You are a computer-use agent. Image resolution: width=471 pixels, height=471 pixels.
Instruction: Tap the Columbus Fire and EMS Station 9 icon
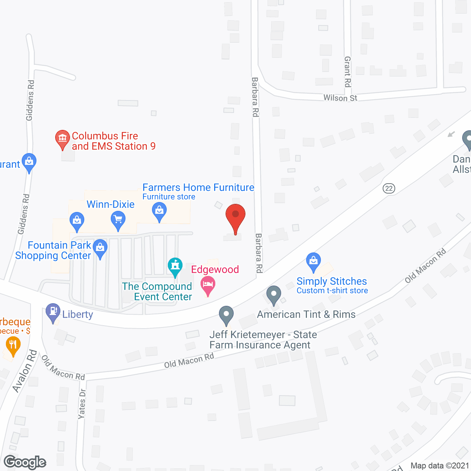coord(63,139)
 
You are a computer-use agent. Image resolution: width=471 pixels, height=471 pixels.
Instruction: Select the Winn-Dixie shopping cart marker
coord(118,220)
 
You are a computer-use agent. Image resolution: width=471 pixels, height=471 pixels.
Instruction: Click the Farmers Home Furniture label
coord(198,188)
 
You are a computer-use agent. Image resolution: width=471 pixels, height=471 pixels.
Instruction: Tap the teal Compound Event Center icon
coord(175,266)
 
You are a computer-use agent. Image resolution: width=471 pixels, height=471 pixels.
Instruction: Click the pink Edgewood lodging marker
coord(208,286)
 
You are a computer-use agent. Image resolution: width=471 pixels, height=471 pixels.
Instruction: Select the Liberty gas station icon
coord(53,312)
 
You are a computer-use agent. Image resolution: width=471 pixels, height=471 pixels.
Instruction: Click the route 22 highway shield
coord(389,188)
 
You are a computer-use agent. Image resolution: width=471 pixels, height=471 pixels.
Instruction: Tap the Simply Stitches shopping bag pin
coord(314,261)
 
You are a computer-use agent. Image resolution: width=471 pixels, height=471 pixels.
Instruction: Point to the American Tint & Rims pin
coord(273,295)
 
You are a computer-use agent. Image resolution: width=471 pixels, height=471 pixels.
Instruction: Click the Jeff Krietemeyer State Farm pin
coord(226,315)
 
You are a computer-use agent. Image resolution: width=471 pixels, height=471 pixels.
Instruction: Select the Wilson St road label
coord(340,98)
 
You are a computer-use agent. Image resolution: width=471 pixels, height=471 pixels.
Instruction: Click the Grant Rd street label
coord(347,72)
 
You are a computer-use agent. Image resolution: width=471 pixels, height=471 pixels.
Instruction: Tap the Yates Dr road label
coord(82,404)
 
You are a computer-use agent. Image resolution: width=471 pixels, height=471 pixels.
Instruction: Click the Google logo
coord(25,462)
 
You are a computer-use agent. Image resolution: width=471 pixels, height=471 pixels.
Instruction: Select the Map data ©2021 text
coord(440,465)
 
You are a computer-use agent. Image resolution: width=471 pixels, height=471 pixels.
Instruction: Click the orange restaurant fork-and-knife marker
coord(13,346)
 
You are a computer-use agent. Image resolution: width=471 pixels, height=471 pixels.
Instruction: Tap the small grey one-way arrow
coord(451,134)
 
